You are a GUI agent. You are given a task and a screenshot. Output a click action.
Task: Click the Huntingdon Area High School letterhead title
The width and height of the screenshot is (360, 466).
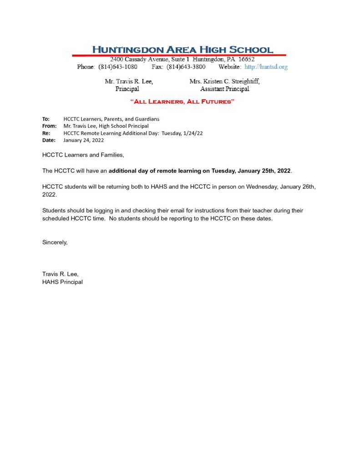(183, 49)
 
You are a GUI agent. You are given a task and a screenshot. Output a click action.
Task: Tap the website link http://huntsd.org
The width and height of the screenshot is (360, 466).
(266, 67)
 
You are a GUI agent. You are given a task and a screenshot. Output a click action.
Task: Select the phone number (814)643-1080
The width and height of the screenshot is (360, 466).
(118, 67)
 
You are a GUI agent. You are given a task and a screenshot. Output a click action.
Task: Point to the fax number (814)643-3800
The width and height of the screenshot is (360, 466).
(186, 67)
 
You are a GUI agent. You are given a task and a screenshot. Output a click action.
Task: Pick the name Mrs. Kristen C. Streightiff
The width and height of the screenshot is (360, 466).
(224, 81)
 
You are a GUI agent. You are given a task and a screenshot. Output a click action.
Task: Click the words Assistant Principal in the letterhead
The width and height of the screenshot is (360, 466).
(224, 89)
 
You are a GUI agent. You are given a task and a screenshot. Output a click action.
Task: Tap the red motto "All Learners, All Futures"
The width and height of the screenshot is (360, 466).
(182, 101)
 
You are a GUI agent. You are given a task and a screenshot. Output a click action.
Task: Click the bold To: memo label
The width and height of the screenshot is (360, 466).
(46, 119)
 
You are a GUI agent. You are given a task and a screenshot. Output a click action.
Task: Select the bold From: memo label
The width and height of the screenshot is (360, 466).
(49, 126)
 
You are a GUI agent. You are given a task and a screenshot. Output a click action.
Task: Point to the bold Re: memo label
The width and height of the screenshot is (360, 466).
(46, 133)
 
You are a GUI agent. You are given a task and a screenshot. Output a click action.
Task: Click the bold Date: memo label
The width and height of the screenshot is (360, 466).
(49, 141)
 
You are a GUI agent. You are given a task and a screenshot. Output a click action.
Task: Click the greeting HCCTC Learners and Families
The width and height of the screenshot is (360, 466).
(83, 155)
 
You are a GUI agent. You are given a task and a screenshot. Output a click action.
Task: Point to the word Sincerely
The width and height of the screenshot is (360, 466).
(55, 242)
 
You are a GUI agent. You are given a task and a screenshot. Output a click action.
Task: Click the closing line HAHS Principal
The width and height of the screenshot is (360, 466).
(62, 282)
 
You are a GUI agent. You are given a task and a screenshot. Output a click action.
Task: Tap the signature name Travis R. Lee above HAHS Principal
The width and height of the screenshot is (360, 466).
(61, 274)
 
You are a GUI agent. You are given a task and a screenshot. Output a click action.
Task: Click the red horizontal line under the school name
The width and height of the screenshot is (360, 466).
(179, 56)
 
